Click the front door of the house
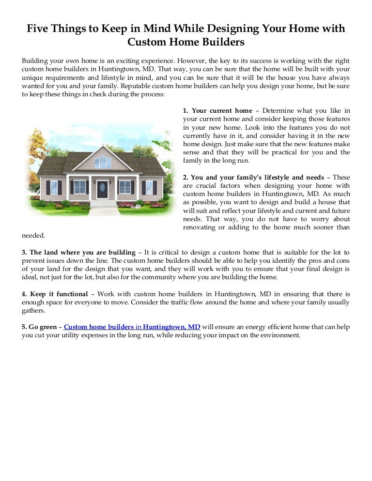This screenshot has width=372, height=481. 102,189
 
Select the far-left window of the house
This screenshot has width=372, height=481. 54,187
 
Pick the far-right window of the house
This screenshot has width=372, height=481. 150,187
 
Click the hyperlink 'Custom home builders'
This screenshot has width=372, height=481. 99,327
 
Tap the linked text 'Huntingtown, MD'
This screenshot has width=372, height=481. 171,327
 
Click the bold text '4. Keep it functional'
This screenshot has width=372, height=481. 55,294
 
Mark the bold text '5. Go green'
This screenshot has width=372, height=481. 39,327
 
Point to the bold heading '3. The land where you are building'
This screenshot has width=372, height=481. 78,252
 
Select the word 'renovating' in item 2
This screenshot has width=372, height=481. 200,227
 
